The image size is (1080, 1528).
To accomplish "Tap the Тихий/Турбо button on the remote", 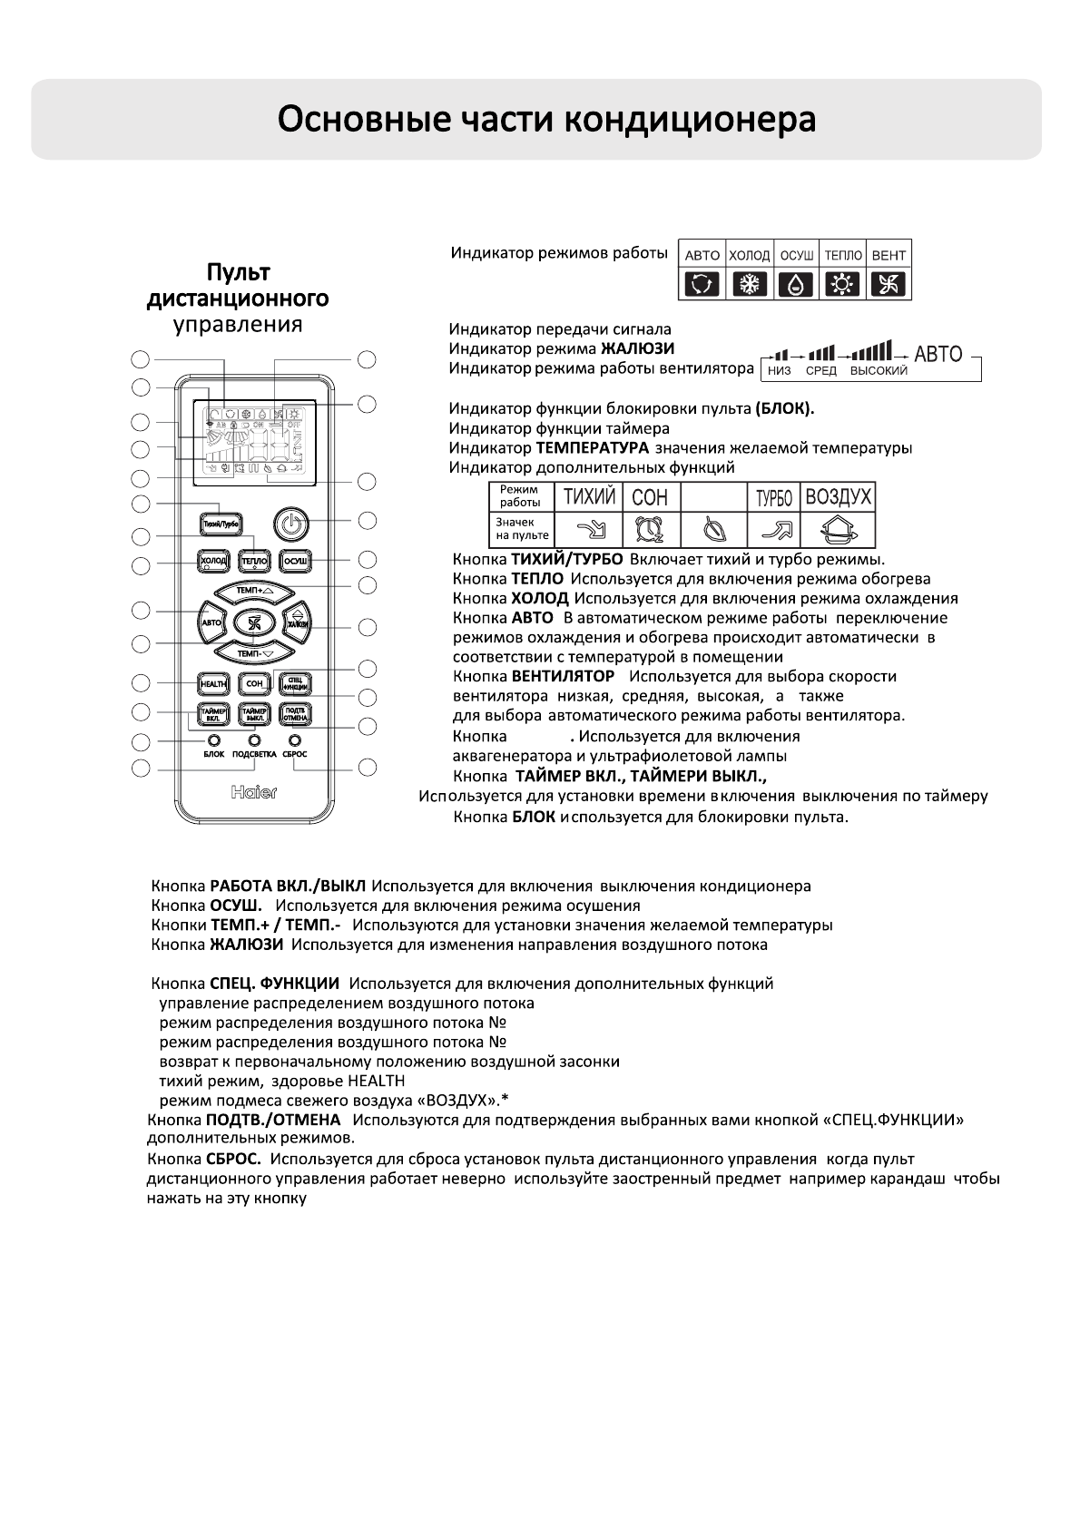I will [221, 523].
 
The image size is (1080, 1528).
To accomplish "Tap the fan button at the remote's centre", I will [254, 622].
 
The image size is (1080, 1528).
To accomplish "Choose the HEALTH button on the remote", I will [214, 683].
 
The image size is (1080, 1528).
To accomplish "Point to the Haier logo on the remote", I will [254, 792].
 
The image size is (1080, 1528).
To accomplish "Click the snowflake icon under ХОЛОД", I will [750, 285].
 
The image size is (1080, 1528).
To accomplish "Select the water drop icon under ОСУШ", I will [796, 285].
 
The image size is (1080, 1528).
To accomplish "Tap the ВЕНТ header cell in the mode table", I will [889, 255].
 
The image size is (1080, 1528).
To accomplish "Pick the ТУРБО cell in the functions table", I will [774, 497].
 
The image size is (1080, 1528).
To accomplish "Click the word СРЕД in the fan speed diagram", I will [821, 371].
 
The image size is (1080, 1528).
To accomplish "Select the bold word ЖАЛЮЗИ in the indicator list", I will [637, 348].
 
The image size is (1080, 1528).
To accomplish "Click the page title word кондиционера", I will [691, 121].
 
